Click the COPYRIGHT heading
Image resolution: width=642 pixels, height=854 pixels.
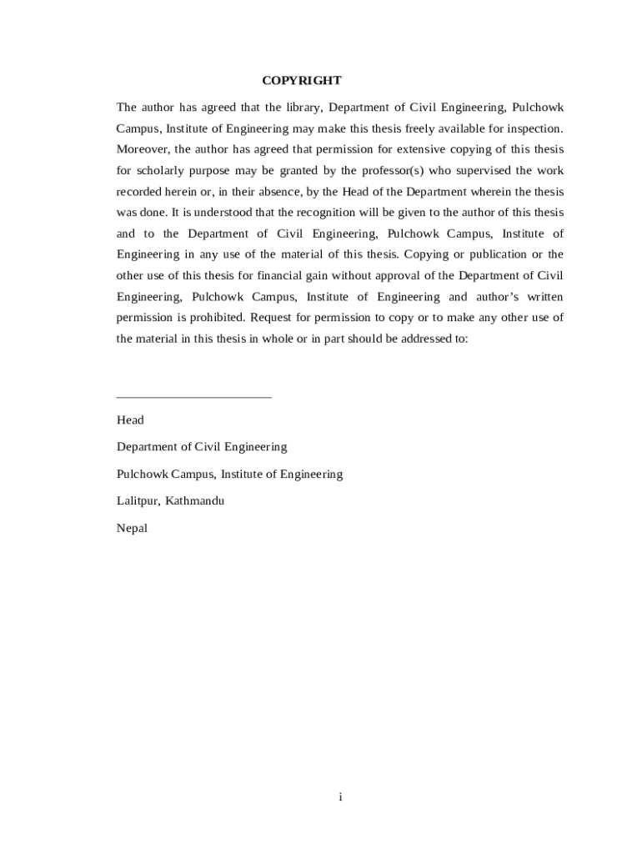tap(301, 81)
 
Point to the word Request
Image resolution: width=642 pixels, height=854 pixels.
tap(270, 318)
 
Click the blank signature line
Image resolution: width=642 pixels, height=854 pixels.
tap(193, 397)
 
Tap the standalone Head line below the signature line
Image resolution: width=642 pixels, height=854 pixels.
tap(130, 420)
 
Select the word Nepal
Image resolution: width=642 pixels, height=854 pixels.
tap(132, 528)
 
